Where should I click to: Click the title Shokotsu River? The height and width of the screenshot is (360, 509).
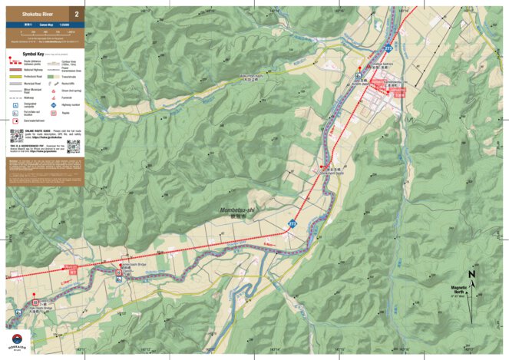click(28, 14)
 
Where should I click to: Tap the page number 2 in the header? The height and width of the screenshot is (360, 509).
click(76, 14)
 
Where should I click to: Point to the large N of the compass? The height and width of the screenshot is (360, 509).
click(472, 274)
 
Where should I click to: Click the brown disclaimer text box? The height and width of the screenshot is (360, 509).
click(44, 170)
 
